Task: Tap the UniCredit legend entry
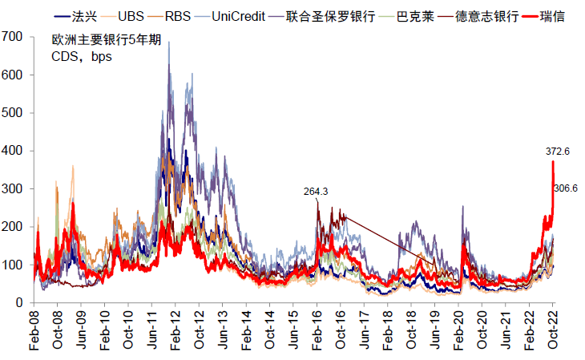tap(237, 16)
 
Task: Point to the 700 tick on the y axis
tap(12, 37)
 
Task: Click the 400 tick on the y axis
tap(12, 151)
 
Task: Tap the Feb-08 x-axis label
tap(34, 330)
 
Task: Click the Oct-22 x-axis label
tap(553, 330)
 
